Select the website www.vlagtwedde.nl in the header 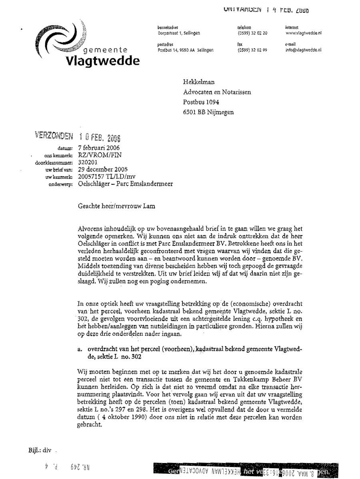click(x=304, y=33)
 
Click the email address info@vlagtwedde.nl click(x=304, y=50)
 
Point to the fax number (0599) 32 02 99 click(x=252, y=50)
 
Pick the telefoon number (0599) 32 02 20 click(x=252, y=33)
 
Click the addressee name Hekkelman click(x=199, y=82)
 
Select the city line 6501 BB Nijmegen click(x=209, y=112)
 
